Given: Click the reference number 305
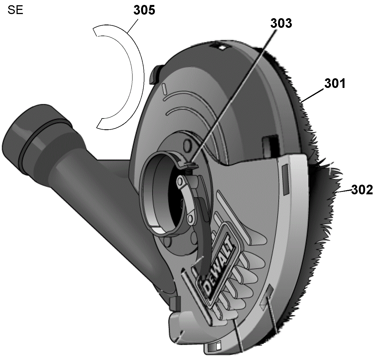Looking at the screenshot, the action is pos(144,10).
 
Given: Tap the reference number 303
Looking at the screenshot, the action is pos(281,23).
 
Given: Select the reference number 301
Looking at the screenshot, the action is pos(335,84).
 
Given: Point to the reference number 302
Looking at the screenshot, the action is pos(362,190).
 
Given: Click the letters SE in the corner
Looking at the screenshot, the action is pos(15,10).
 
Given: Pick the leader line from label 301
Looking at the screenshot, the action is pos(312,95).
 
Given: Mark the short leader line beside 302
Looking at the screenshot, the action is pos(344,191).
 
